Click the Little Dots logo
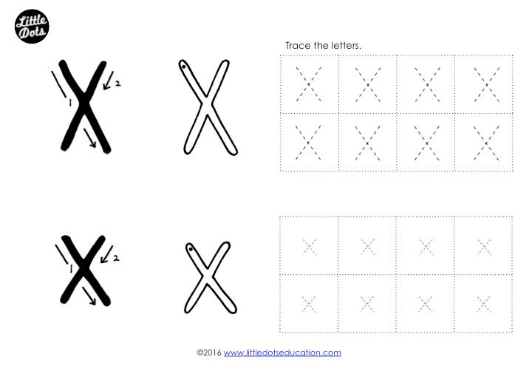tap(32, 27)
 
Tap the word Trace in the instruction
tap(298, 46)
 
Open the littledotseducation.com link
tap(282, 352)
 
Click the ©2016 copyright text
tap(209, 352)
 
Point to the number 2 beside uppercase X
tap(117, 83)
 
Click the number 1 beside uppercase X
tap(70, 102)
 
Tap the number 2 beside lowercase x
tap(116, 258)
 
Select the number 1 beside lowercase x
tap(71, 269)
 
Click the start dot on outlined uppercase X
tap(183, 67)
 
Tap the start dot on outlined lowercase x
tap(191, 249)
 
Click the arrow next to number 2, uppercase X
tap(108, 81)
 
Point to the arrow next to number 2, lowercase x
tap(106, 254)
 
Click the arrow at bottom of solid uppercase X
tap(90, 138)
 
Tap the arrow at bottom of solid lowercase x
tap(89, 296)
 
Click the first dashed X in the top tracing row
tap(308, 84)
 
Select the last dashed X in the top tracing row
tap(487, 84)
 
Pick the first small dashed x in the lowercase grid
tap(309, 247)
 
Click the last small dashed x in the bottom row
tap(483, 304)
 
